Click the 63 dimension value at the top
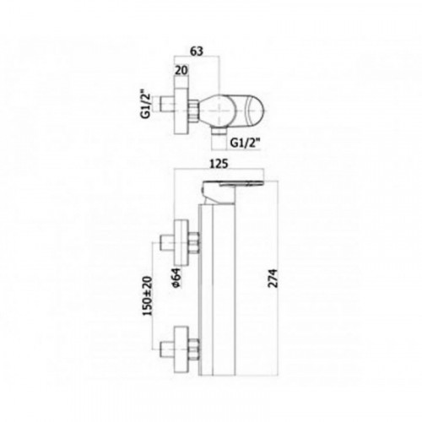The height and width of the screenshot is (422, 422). (x=197, y=51)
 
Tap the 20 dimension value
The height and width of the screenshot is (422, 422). (x=181, y=70)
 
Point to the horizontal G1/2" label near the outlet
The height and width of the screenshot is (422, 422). (x=245, y=143)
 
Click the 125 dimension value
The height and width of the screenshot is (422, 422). (x=219, y=164)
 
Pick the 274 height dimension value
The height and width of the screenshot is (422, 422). (x=273, y=279)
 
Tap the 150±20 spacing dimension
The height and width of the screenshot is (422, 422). (x=148, y=296)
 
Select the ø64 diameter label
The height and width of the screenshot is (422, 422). (x=177, y=278)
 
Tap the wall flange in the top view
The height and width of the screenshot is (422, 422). (x=181, y=110)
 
